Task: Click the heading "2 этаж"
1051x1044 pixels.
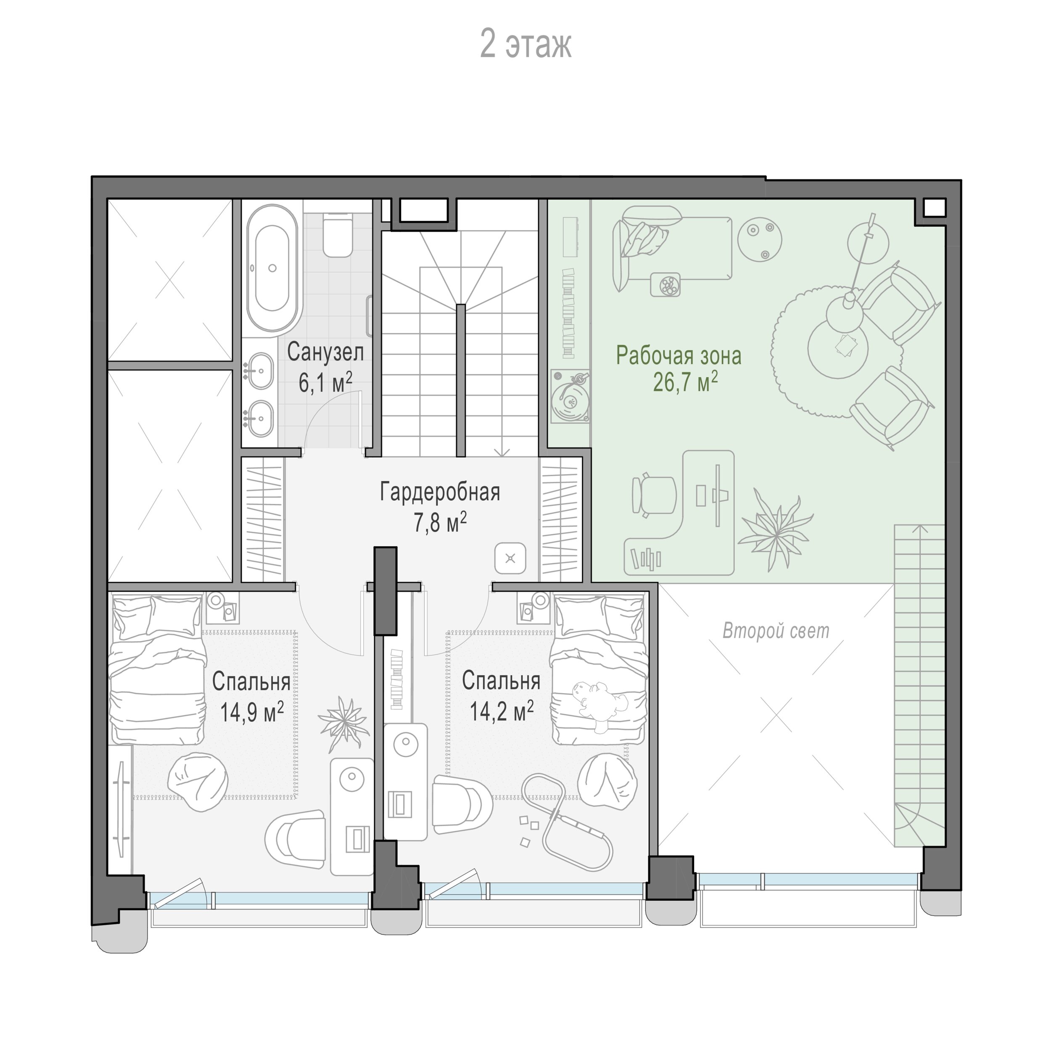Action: (x=525, y=45)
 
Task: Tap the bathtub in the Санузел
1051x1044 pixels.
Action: (x=272, y=268)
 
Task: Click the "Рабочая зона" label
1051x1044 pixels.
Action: (x=679, y=355)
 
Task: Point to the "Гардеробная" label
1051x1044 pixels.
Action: (x=440, y=492)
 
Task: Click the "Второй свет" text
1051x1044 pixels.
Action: (x=776, y=631)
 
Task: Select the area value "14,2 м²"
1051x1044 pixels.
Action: (x=502, y=711)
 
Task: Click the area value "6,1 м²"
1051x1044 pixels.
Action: (x=325, y=383)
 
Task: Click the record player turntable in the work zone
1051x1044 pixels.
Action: (x=570, y=396)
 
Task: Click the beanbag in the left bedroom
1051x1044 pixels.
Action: (x=198, y=782)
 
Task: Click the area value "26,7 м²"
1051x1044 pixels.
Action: (x=685, y=382)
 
